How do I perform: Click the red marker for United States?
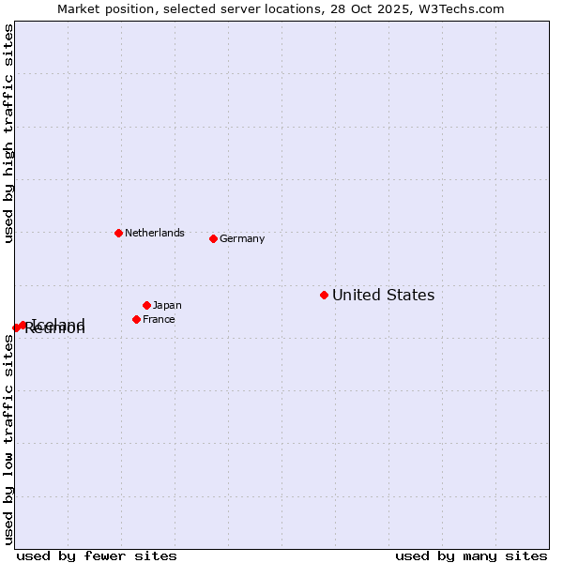324,295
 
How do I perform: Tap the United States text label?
383,296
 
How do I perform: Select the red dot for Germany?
213,238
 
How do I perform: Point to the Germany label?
242,239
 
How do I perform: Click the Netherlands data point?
118,233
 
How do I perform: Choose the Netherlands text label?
155,234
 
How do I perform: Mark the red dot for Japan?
146,305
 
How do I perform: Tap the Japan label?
167,306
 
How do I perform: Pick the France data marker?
136,319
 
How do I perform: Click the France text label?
159,320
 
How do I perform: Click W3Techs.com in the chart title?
463,9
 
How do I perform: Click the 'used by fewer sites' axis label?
97,555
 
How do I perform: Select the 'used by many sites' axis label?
471,555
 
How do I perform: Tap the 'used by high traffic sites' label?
9,134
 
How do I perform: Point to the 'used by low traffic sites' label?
9,439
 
